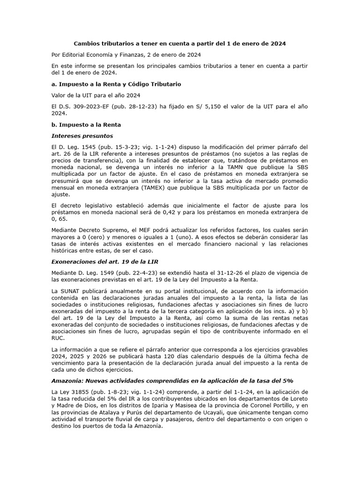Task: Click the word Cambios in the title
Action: (89, 44)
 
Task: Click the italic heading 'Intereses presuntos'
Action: (82, 136)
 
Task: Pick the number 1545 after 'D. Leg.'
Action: (88, 147)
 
